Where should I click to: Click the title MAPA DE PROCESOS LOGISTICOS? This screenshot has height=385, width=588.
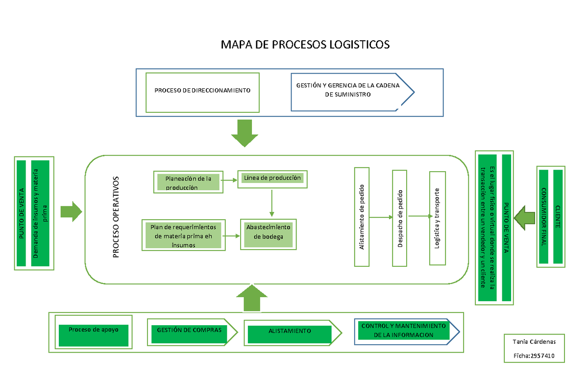(305, 45)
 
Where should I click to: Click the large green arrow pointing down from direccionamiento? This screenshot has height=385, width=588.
(244, 133)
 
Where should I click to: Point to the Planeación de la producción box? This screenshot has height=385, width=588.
(188, 182)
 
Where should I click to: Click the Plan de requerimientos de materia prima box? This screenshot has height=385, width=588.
(183, 236)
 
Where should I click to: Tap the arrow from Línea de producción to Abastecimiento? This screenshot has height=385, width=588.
(271, 202)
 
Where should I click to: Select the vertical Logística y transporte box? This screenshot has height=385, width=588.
(437, 218)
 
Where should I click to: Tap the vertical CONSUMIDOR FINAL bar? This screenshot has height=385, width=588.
(543, 217)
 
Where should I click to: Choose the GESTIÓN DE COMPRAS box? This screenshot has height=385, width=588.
(189, 331)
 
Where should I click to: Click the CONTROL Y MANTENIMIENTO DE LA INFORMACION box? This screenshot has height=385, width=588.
(403, 331)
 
